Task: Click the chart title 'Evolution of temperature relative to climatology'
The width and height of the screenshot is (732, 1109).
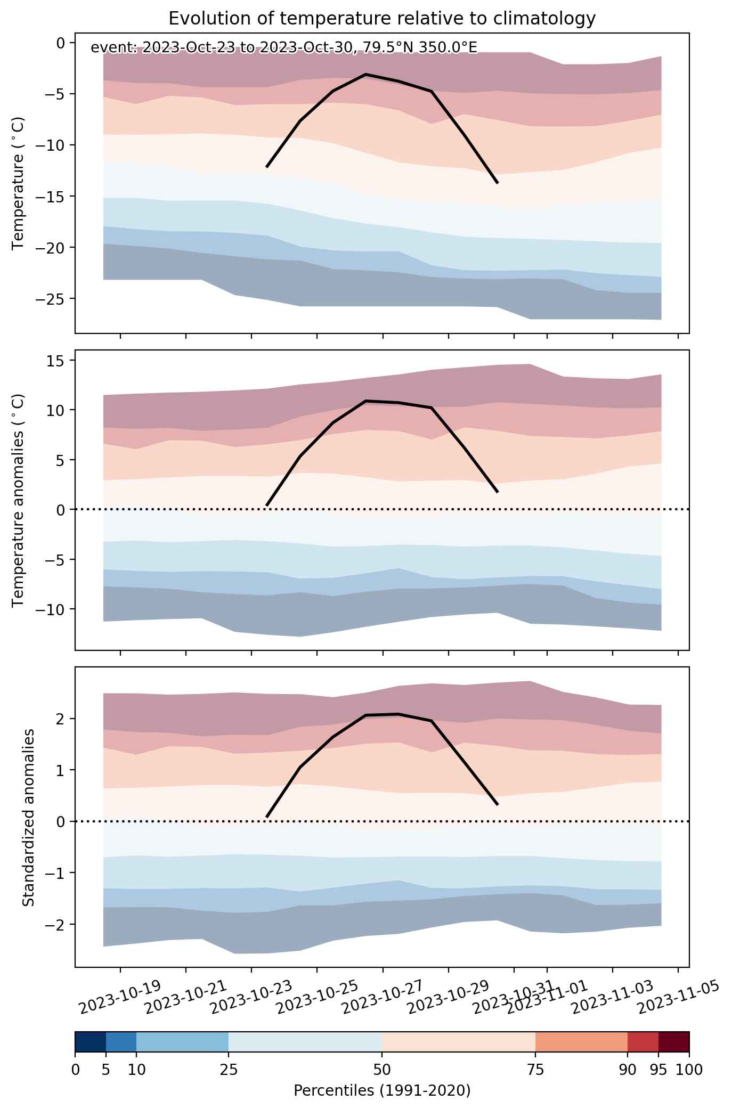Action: [381, 19]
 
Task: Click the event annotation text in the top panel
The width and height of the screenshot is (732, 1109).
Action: [284, 48]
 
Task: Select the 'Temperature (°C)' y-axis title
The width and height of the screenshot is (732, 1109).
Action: [19, 183]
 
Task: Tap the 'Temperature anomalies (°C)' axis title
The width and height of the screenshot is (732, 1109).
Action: [19, 500]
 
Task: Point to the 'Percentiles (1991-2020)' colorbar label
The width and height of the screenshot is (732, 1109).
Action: [382, 1091]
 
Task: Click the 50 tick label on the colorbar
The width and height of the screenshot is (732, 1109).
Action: [382, 1070]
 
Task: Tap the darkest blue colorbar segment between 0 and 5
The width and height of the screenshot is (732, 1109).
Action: [91, 1042]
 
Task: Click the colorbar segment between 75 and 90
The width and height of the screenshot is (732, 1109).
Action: [581, 1042]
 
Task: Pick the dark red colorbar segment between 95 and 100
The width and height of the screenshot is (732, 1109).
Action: [674, 1042]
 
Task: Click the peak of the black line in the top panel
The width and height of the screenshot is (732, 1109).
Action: [365, 75]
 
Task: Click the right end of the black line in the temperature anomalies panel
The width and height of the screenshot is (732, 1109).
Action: [497, 492]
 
